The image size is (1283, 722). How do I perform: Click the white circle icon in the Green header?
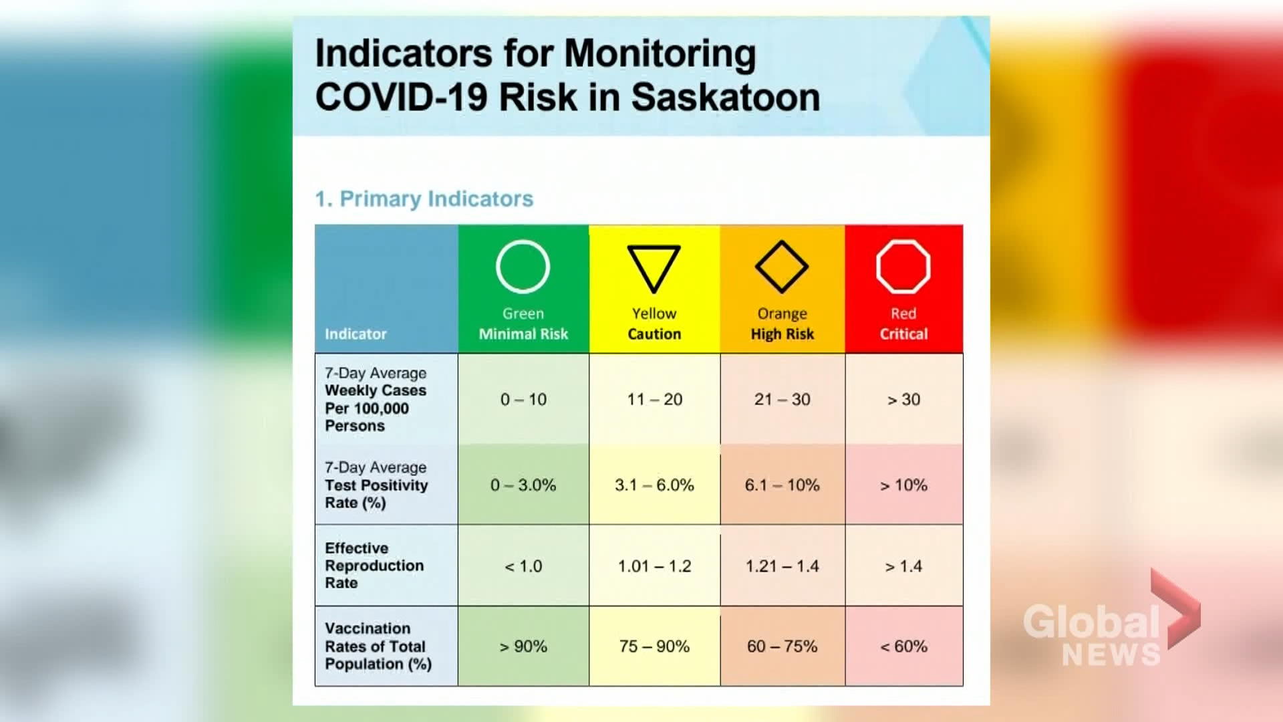[x=523, y=267]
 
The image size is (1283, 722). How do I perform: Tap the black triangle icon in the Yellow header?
[x=654, y=267]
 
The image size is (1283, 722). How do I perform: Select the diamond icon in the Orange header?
[x=781, y=267]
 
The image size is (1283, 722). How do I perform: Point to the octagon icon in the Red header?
[x=903, y=267]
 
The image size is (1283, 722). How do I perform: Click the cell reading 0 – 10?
[x=523, y=399]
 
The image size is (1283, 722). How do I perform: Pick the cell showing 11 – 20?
[x=654, y=399]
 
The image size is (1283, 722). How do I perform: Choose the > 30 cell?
[x=903, y=399]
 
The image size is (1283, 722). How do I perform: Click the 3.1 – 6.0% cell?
[x=654, y=485]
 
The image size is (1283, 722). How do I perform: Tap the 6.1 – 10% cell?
[x=782, y=485]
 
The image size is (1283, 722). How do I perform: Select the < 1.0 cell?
[x=523, y=566]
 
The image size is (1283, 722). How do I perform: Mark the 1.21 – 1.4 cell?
[x=782, y=566]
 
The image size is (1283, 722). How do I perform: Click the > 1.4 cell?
[x=903, y=566]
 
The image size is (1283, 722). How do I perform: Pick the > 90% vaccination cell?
[x=523, y=646]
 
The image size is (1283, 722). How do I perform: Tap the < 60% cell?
[x=903, y=646]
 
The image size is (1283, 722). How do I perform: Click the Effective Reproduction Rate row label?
[x=374, y=566]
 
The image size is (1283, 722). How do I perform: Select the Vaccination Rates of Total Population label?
[x=378, y=646]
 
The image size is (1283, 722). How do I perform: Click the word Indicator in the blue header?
[x=355, y=334]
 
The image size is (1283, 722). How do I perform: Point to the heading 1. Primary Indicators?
[x=424, y=199]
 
